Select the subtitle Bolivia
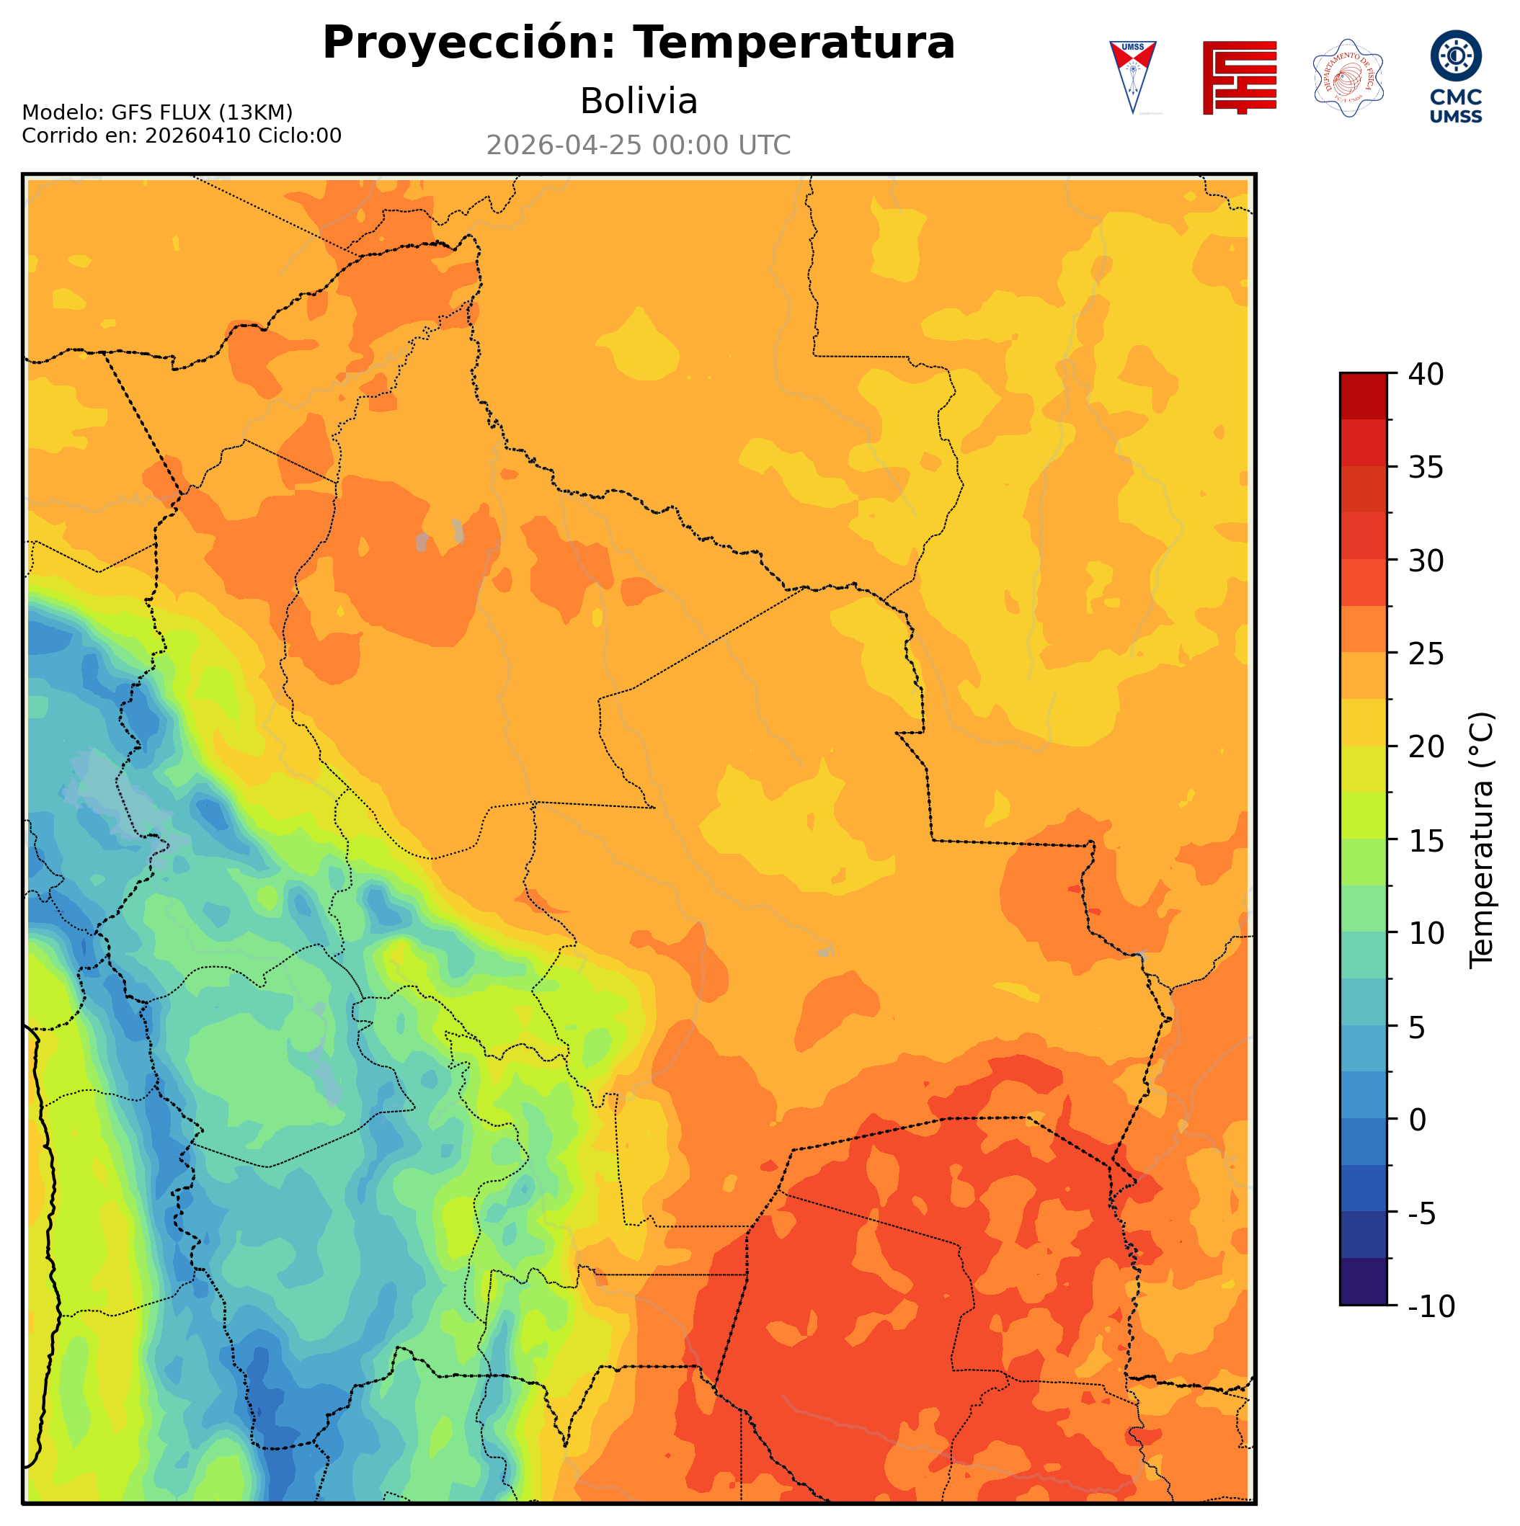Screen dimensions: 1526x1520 point(639,101)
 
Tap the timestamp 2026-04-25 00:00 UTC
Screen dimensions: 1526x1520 point(639,146)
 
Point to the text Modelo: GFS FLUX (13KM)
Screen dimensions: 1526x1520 point(157,112)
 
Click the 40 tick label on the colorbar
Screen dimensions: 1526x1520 point(1426,375)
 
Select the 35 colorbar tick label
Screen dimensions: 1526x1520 point(1426,468)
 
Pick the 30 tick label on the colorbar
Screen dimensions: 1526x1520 point(1426,561)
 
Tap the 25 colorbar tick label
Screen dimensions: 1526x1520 point(1426,654)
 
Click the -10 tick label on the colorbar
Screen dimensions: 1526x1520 point(1431,1307)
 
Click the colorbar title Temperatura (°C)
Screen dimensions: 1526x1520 point(1481,840)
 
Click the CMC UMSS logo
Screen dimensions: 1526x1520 point(1456,77)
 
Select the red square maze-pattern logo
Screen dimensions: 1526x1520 point(1239,77)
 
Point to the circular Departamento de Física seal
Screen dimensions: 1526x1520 point(1348,77)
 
